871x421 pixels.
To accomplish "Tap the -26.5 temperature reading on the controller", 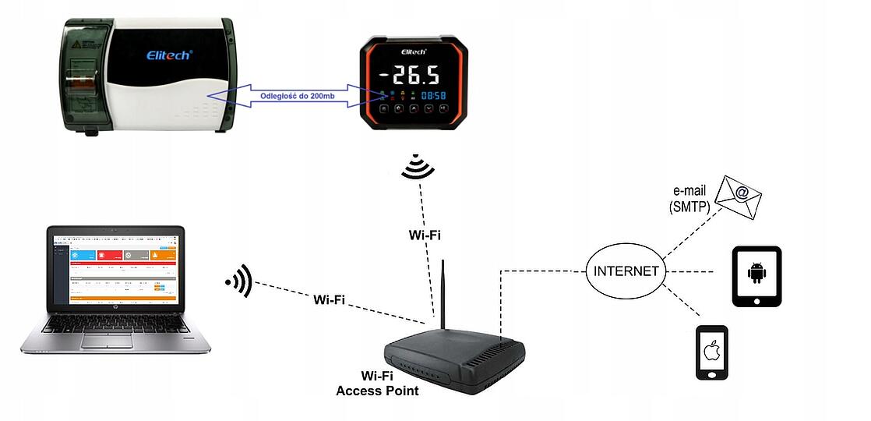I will (x=410, y=76).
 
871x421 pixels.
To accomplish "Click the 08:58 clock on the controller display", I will (x=434, y=96).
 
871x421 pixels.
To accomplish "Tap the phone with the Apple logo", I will (x=711, y=352).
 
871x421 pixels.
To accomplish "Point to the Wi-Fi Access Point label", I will (x=377, y=384).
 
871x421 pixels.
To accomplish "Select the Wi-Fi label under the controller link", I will (x=425, y=234).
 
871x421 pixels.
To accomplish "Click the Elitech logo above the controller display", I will (x=416, y=51).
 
